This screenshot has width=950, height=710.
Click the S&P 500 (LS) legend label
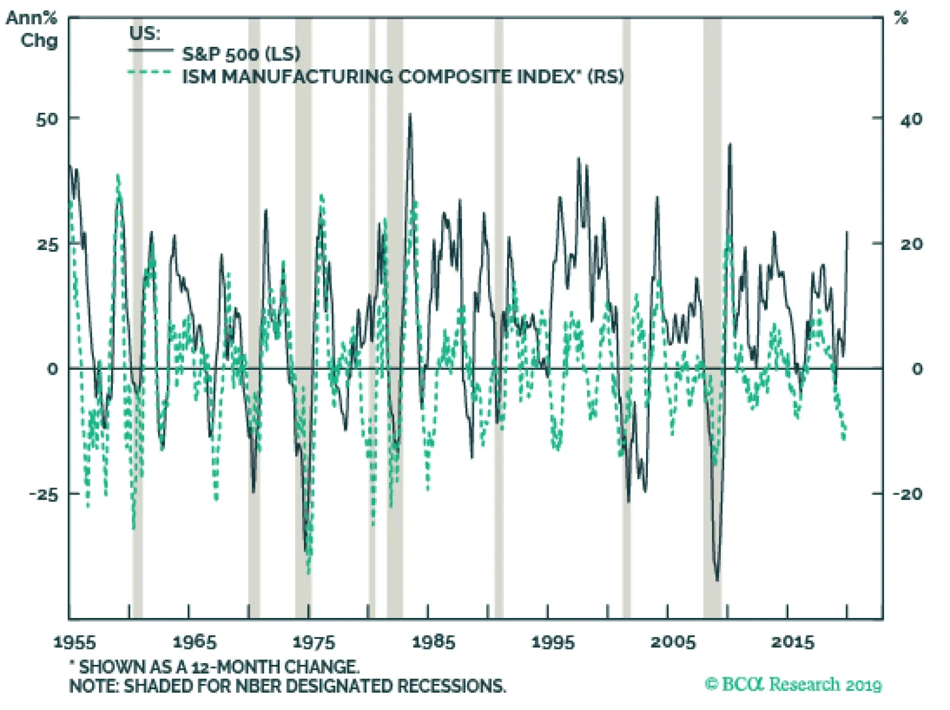pyautogui.click(x=241, y=54)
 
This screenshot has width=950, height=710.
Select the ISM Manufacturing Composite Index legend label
pyautogui.click(x=403, y=77)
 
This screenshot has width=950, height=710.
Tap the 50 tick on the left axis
pyautogui.click(x=47, y=119)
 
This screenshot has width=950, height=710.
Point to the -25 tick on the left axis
pyautogui.click(x=44, y=494)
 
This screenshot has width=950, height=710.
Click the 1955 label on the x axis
pyautogui.click(x=74, y=642)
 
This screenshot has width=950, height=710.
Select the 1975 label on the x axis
pyautogui.click(x=313, y=642)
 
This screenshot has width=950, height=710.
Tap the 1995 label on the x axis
pyautogui.click(x=553, y=642)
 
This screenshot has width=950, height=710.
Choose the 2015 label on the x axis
pyautogui.click(x=793, y=642)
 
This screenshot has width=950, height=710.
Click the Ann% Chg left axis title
pyautogui.click(x=33, y=29)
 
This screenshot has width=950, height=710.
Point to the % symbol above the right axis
pyautogui.click(x=901, y=18)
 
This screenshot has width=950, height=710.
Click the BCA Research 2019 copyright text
pyautogui.click(x=793, y=684)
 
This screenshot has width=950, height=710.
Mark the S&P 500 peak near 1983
pyautogui.click(x=410, y=115)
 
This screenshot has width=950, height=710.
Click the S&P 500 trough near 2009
pyautogui.click(x=717, y=580)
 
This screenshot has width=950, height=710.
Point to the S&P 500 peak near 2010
pyautogui.click(x=730, y=144)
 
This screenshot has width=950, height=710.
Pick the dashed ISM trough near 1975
pyautogui.click(x=309, y=572)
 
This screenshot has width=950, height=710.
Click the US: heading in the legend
pyautogui.click(x=145, y=33)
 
